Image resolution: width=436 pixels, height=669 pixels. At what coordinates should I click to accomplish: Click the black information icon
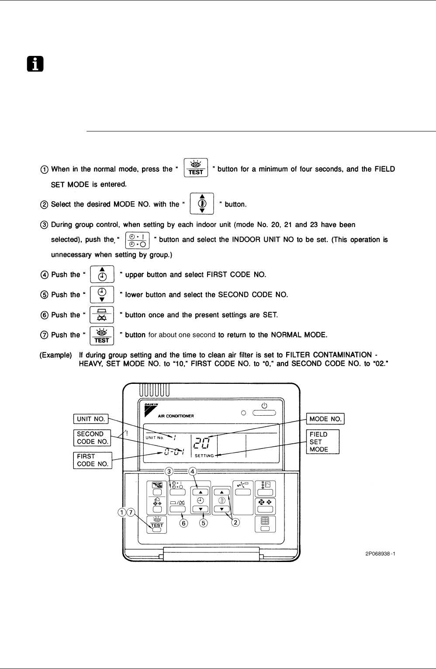(x=35, y=64)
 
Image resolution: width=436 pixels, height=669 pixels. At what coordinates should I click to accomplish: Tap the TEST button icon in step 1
(x=196, y=168)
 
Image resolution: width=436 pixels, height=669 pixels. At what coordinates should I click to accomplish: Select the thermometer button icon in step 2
(x=202, y=203)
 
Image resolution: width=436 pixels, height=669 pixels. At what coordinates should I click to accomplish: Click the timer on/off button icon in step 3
(x=137, y=241)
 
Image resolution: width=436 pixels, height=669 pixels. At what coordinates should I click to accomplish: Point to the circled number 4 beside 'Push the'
(x=44, y=275)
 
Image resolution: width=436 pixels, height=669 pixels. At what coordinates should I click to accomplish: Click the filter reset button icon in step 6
(x=102, y=315)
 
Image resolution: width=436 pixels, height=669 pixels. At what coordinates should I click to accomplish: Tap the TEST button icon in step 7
(x=102, y=336)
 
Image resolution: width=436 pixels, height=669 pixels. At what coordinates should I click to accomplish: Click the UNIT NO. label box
(x=91, y=419)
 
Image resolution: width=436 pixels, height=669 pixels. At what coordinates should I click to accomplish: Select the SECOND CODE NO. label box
(x=92, y=438)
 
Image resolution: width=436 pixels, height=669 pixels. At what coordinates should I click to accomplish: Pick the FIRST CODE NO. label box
(x=93, y=460)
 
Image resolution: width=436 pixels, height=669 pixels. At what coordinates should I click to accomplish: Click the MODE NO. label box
(x=325, y=419)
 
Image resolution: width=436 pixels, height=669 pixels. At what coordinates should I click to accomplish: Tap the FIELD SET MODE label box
(x=323, y=442)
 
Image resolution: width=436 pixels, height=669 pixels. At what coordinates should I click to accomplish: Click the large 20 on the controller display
(x=201, y=443)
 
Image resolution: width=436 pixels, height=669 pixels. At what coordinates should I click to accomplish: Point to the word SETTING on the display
(x=204, y=456)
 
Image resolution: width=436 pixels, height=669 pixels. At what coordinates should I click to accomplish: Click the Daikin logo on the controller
(x=151, y=410)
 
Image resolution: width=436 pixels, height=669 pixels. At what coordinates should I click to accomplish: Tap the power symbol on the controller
(x=264, y=406)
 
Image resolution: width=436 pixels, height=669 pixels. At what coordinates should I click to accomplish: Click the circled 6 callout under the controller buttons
(x=183, y=523)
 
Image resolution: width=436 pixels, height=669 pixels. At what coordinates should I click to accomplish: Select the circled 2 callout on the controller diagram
(x=235, y=522)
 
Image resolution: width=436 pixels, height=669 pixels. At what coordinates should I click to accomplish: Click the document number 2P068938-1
(x=380, y=554)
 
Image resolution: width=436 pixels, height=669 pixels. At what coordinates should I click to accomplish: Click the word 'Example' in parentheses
(x=56, y=355)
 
